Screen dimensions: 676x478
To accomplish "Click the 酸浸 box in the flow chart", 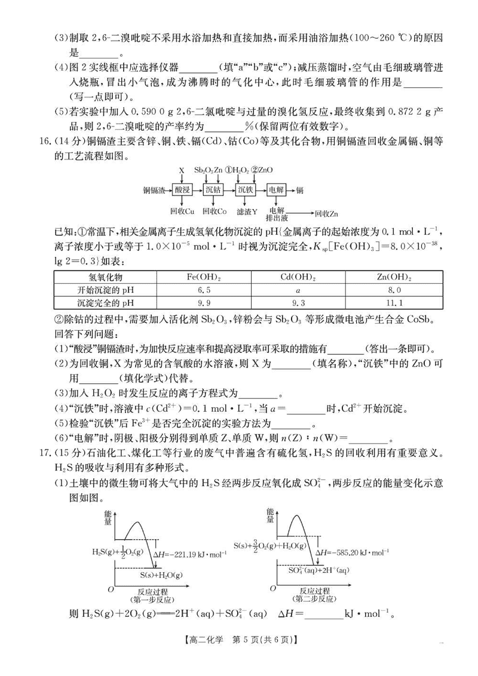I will (182, 190).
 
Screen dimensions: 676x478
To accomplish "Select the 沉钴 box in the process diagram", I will (213, 190).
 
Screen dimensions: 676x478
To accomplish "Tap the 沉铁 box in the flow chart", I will (246, 190).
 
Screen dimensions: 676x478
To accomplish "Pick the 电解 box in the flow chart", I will (277, 190).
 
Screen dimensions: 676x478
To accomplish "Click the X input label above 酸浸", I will (182, 171).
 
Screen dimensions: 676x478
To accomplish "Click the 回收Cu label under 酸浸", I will (182, 211).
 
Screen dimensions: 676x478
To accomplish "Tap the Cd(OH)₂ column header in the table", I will (298, 278).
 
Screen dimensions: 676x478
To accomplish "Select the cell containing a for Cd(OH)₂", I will (298, 290).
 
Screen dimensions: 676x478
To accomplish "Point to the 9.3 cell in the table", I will (298, 303).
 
